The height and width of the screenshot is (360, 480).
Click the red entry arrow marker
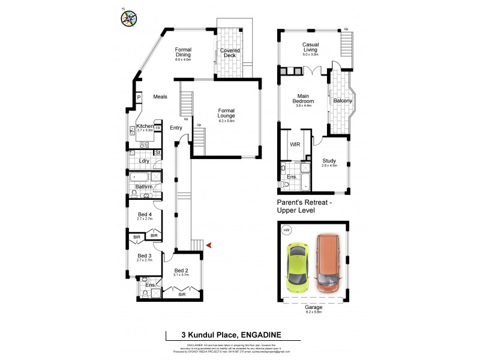tap(208, 245)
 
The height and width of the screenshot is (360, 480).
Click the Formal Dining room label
tap(183, 52)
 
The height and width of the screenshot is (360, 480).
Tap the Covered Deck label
tap(230, 54)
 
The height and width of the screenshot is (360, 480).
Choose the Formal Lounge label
tap(226, 113)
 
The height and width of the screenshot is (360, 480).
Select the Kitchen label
tap(145, 126)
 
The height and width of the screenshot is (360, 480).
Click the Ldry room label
tap(144, 161)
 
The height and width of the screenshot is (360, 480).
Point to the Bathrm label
tap(144, 187)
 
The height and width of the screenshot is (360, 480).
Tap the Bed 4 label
tap(145, 215)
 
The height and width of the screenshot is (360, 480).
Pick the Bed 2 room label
tap(181, 271)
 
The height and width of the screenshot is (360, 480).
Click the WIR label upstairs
tap(295, 145)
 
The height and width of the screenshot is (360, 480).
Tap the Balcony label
tap(343, 101)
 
